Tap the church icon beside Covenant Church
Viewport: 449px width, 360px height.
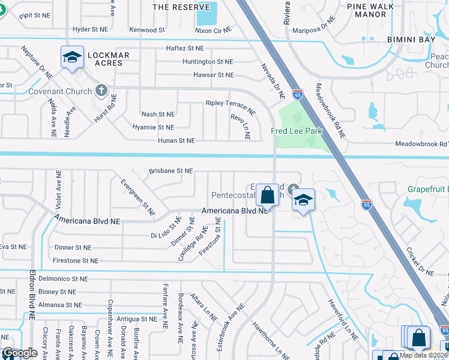[101, 91]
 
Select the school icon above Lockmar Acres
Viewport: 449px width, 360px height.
[72, 58]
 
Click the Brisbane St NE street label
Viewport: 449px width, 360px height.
[171, 171]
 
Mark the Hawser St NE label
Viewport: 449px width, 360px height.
[213, 75]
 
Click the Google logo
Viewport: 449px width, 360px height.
[20, 353]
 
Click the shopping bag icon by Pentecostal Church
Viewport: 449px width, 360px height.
[267, 194]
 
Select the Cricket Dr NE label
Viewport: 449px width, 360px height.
[420, 262]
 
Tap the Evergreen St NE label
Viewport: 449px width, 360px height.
[137, 197]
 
